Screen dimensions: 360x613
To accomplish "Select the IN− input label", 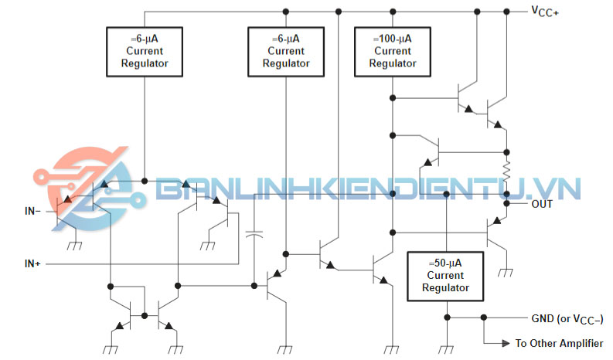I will coord(36,209).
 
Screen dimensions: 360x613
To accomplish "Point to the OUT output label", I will coord(543,205).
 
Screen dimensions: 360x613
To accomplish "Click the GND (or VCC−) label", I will coord(567,318).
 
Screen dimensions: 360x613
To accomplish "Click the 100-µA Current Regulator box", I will coord(392,51).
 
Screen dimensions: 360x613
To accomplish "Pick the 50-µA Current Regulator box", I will coord(445,276).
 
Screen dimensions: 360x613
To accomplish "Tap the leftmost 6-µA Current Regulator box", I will coord(145,51).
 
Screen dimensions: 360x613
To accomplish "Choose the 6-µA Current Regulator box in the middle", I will coord(286,51).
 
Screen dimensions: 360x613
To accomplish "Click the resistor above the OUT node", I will coord(508,170).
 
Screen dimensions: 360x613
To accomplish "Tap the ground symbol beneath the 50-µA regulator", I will coord(448,348).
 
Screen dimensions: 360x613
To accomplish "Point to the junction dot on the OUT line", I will coord(508,204).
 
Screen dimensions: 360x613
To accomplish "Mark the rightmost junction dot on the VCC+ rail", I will coord(508,11).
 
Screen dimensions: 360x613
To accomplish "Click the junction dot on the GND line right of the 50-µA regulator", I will coord(484,318).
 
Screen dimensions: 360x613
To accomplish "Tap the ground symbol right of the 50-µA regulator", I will coord(507,273).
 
